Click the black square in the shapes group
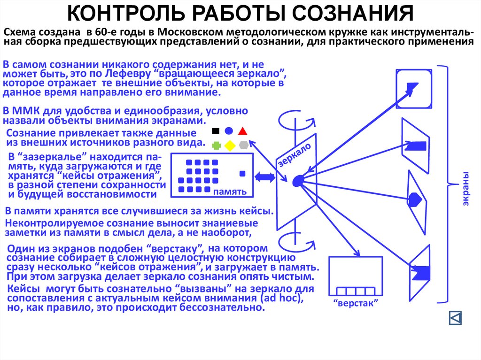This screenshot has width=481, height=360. (216, 131)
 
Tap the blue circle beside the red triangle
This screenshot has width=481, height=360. (229, 131)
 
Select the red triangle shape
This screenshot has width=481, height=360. (243, 131)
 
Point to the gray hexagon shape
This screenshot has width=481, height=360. (243, 146)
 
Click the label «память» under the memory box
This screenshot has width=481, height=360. (230, 192)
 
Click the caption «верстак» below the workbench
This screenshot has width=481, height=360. (349, 303)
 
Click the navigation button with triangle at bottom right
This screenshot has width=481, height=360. (455, 318)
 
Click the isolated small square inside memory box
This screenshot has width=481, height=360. (242, 173)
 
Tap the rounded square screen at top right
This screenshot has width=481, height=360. (414, 88)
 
